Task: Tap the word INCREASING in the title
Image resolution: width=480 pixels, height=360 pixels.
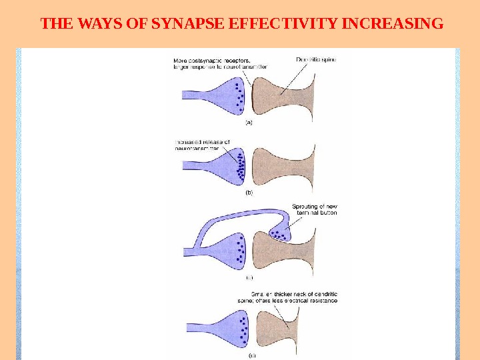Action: pyautogui.click(x=391, y=25)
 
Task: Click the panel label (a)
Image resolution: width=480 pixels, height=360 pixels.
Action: pyautogui.click(x=249, y=122)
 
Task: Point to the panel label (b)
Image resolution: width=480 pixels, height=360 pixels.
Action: pyautogui.click(x=249, y=192)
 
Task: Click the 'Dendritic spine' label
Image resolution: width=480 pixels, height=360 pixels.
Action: pyautogui.click(x=316, y=59)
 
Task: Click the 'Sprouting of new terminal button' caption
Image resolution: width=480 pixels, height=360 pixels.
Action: pyautogui.click(x=315, y=209)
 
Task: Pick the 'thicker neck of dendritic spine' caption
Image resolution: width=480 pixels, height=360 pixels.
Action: pyautogui.click(x=294, y=297)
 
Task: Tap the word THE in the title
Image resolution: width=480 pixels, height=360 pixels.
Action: pyautogui.click(x=55, y=25)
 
